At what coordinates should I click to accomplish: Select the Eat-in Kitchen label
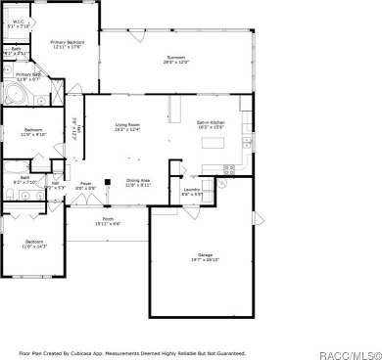[212, 124]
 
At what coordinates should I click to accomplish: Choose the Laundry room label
[192, 191]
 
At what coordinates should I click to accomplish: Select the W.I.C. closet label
[18, 23]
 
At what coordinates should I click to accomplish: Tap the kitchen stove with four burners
[228, 168]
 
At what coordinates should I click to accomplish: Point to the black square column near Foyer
[106, 181]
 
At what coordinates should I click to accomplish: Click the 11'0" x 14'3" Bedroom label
[33, 244]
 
